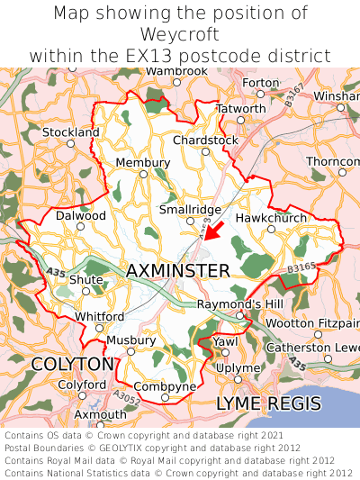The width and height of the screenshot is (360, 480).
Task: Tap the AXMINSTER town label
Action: tap(178, 270)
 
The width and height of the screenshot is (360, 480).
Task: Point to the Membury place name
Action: tap(137, 162)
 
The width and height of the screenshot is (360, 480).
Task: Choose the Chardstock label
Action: tap(205, 140)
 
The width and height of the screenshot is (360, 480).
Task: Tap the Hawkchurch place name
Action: tap(271, 218)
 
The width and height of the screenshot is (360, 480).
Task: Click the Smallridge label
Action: tap(190, 209)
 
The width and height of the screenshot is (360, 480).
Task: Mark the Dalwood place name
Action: tap(81, 216)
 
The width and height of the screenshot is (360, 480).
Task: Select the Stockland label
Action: tap(71, 132)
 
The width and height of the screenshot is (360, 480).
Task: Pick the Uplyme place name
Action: tap(238, 369)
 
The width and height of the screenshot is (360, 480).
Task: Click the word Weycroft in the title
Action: tap(180, 34)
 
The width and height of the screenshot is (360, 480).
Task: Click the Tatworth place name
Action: tap(241, 108)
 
